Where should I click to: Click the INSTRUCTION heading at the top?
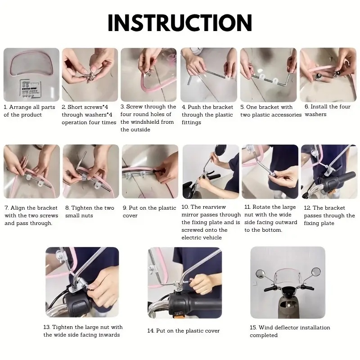coord(180,22)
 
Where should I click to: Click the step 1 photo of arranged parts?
coord(31,75)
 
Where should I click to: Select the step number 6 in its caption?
coord(306,107)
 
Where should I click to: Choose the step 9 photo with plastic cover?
coord(150,171)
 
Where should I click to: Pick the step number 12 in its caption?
coord(307,208)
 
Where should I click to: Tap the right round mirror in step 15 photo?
coord(316,272)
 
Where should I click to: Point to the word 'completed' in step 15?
coord(264,335)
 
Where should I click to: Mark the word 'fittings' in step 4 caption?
coord(191,122)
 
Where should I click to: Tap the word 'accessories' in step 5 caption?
coord(287,115)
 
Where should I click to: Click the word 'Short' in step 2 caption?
coord(75,107)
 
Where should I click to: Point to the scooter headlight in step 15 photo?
coord(288,290)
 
